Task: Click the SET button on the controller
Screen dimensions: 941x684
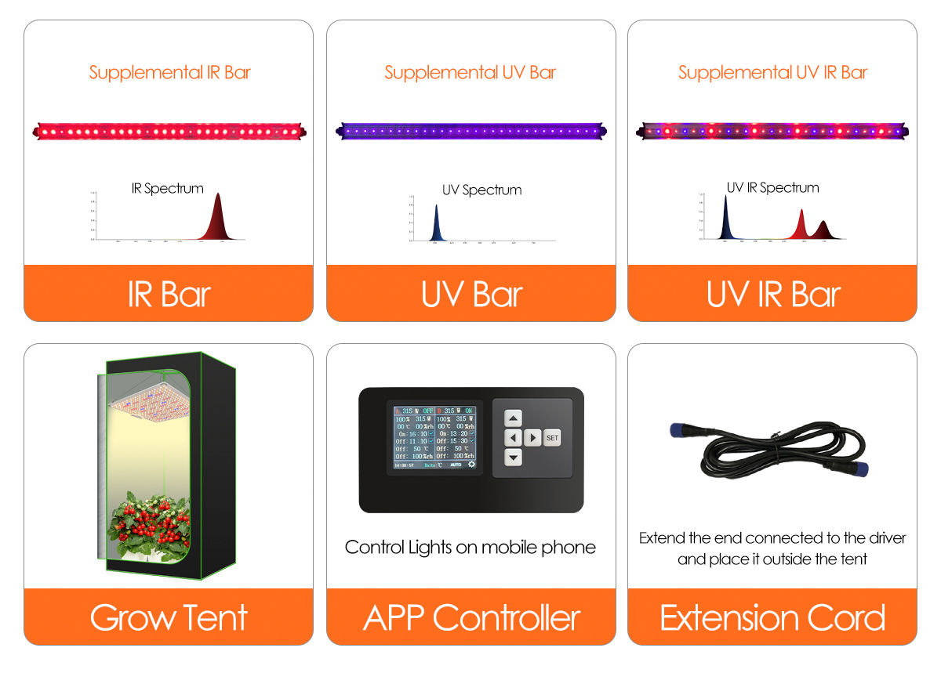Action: click(552, 438)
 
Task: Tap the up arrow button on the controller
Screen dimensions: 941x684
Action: click(513, 418)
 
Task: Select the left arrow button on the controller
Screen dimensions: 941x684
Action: click(513, 438)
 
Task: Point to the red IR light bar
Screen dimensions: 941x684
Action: click(169, 132)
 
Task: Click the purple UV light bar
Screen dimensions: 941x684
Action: click(470, 132)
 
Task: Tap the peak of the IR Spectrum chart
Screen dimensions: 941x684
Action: click(217, 196)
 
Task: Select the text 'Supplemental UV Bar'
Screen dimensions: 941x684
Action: click(470, 73)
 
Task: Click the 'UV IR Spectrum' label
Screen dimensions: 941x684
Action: click(772, 188)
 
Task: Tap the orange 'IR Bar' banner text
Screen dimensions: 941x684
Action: click(169, 295)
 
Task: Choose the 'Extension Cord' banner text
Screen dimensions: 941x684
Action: click(772, 617)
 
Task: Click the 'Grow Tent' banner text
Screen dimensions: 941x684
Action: click(169, 617)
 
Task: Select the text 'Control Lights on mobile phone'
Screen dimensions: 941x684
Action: click(470, 547)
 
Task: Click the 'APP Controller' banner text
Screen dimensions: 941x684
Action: click(470, 617)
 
